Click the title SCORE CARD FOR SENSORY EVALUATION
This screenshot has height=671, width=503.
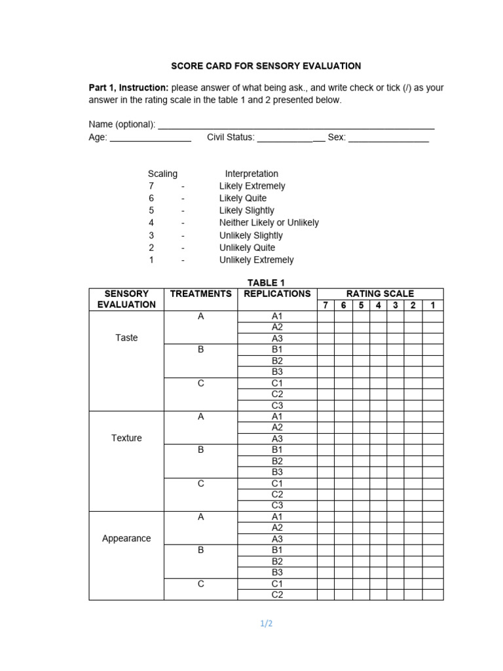click(266, 66)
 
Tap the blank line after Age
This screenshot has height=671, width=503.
click(150, 138)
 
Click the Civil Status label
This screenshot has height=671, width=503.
click(231, 138)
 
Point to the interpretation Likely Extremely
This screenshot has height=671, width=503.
click(252, 186)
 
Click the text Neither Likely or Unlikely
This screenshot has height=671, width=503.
click(269, 223)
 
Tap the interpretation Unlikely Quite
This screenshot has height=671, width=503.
click(247, 248)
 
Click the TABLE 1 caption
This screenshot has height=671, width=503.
click(266, 282)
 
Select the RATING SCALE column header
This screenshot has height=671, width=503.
click(380, 294)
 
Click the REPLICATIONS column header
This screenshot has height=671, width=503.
click(277, 294)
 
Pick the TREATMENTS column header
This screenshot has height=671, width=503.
click(200, 294)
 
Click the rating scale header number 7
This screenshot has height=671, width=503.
click(326, 305)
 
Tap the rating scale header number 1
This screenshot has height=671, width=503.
click(432, 305)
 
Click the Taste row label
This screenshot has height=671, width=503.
click(126, 338)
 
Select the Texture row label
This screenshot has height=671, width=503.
click(126, 438)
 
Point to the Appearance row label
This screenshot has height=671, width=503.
click(126, 539)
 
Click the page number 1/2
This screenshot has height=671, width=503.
click(266, 624)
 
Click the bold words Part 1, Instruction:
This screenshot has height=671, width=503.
click(129, 88)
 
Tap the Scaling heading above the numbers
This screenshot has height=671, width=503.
click(162, 174)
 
